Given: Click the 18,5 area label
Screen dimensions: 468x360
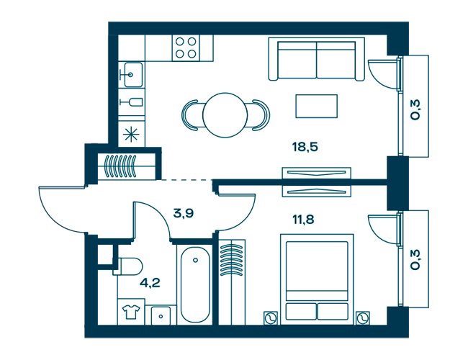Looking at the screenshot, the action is pyautogui.click(x=305, y=147).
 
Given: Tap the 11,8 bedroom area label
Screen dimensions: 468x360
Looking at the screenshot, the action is pyautogui.click(x=303, y=220).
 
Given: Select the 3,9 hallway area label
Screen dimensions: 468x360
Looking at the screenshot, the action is pyautogui.click(x=184, y=213).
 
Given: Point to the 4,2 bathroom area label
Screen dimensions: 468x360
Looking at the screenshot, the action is pyautogui.click(x=150, y=283).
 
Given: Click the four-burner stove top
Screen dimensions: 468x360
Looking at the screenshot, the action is pyautogui.click(x=186, y=48).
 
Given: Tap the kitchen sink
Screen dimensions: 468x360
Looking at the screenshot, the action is pyautogui.click(x=133, y=75).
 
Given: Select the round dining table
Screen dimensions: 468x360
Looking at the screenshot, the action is pyautogui.click(x=225, y=115).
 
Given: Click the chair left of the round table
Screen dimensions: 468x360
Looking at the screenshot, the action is pyautogui.click(x=190, y=115).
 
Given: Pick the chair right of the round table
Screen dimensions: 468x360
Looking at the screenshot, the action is pyautogui.click(x=261, y=115).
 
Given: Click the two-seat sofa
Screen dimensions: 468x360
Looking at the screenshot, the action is pyautogui.click(x=316, y=59).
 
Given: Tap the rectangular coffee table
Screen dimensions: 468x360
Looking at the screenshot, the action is pyautogui.click(x=316, y=106).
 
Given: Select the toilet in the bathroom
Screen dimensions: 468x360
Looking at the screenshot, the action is pyautogui.click(x=127, y=266).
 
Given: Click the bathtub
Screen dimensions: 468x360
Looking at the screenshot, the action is pyautogui.click(x=195, y=284).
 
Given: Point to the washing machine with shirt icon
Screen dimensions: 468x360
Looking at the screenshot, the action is pyautogui.click(x=131, y=312).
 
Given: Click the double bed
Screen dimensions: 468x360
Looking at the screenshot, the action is pyautogui.click(x=317, y=279).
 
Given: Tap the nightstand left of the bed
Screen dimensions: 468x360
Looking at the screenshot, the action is pyautogui.click(x=271, y=318).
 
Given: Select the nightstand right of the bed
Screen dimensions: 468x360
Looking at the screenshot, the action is pyautogui.click(x=363, y=318).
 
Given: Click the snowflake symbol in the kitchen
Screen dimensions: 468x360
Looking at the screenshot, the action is pyautogui.click(x=131, y=134).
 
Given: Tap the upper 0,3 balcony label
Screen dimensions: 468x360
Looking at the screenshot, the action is pyautogui.click(x=415, y=110).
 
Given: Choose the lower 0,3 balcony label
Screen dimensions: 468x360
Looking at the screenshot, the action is pyautogui.click(x=415, y=260).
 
